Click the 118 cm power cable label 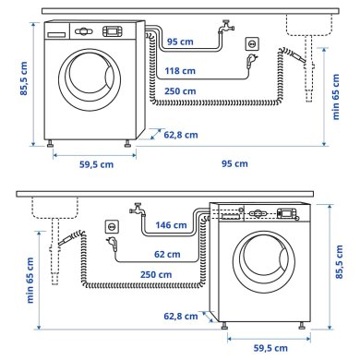point(181,70)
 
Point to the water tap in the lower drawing point(136,210)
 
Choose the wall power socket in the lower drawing point(113,226)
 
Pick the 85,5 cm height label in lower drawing point(342,262)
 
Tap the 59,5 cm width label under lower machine point(273,347)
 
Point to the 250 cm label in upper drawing point(181,91)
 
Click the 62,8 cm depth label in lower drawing point(183,317)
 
